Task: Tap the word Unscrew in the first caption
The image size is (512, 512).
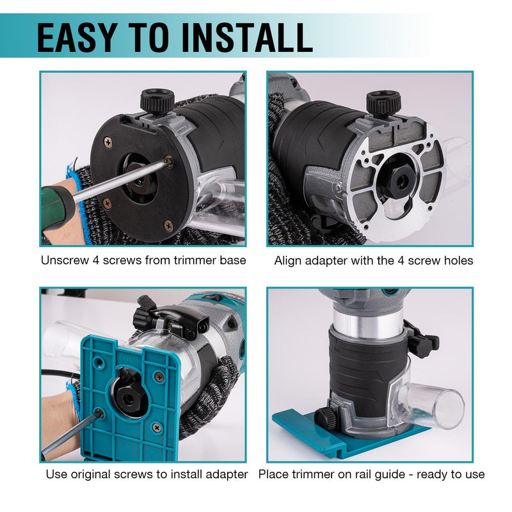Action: [65, 260]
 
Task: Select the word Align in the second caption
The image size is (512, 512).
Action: [287, 260]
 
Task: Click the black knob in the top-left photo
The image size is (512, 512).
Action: [157, 100]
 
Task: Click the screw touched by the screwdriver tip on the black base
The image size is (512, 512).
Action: [168, 161]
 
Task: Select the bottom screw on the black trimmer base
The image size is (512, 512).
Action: [168, 225]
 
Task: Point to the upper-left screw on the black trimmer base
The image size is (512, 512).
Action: [108, 142]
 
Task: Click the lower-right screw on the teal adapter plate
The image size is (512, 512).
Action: [157, 428]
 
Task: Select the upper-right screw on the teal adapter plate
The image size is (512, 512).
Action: [159, 377]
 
